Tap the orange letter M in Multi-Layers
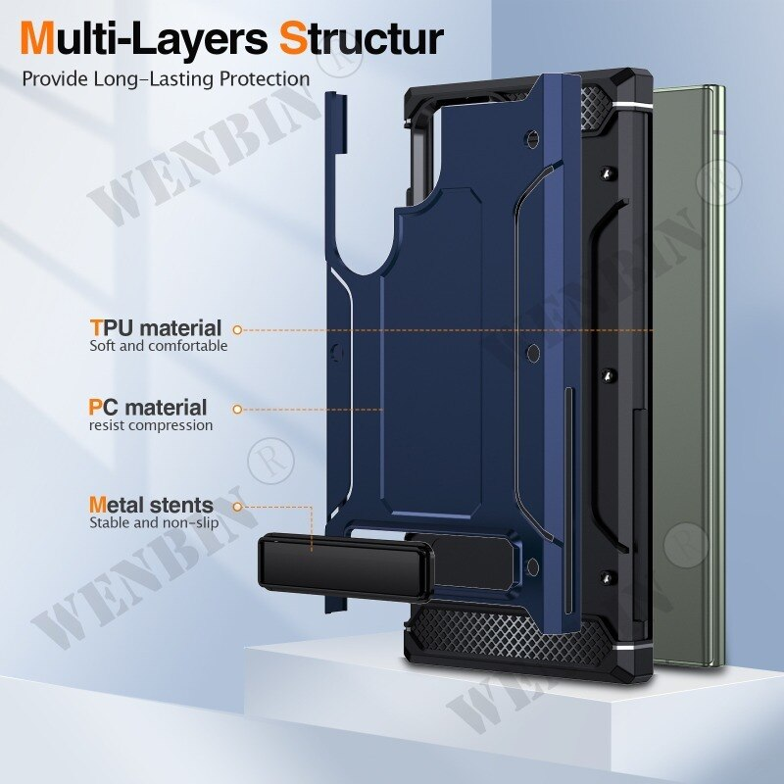pos(37,38)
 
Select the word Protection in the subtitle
pos(265,79)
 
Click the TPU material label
pos(156,328)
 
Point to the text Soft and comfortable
pos(159,346)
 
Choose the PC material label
pos(148,408)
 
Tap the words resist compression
pos(151,425)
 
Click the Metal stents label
pos(151,505)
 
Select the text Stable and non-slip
pos(154,523)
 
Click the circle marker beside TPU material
pos(237,330)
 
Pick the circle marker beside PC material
pos(237,410)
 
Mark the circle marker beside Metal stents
pos(237,507)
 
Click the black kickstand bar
pos(345,567)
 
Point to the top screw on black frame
pos(608,172)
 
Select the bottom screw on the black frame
pos(608,578)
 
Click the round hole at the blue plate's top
pos(533,138)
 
